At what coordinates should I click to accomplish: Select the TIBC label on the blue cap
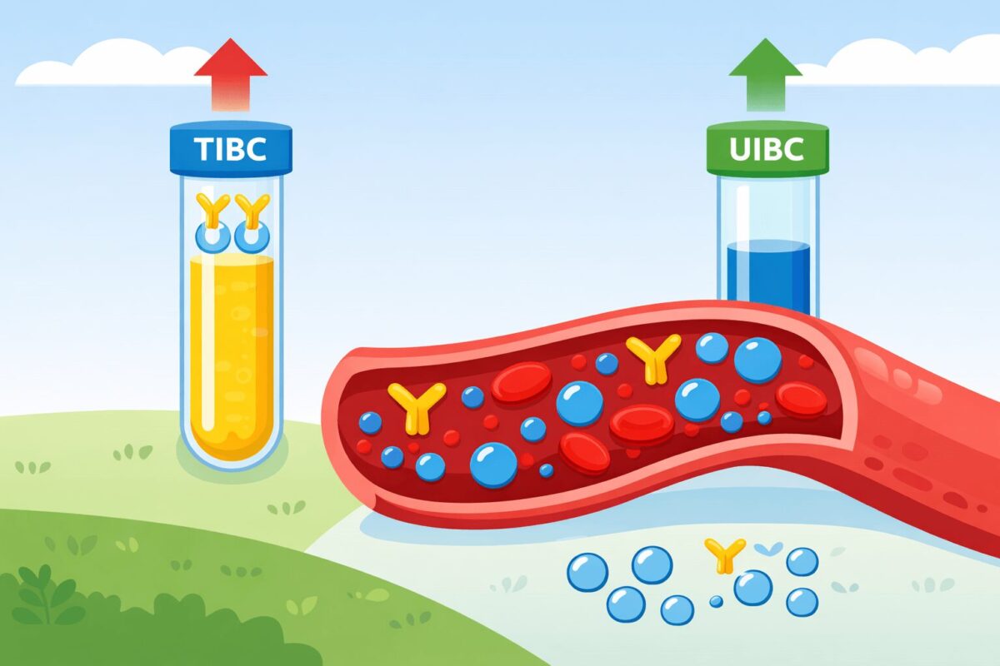click(x=231, y=149)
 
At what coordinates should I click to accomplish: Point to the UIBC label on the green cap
click(x=767, y=149)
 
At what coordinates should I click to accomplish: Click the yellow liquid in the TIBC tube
click(x=231, y=350)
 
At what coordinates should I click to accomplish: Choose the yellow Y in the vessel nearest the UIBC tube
click(x=652, y=358)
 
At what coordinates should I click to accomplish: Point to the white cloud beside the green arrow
click(x=900, y=62)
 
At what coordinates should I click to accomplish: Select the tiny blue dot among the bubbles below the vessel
click(x=715, y=601)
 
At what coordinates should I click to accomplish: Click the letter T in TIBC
click(x=200, y=149)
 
